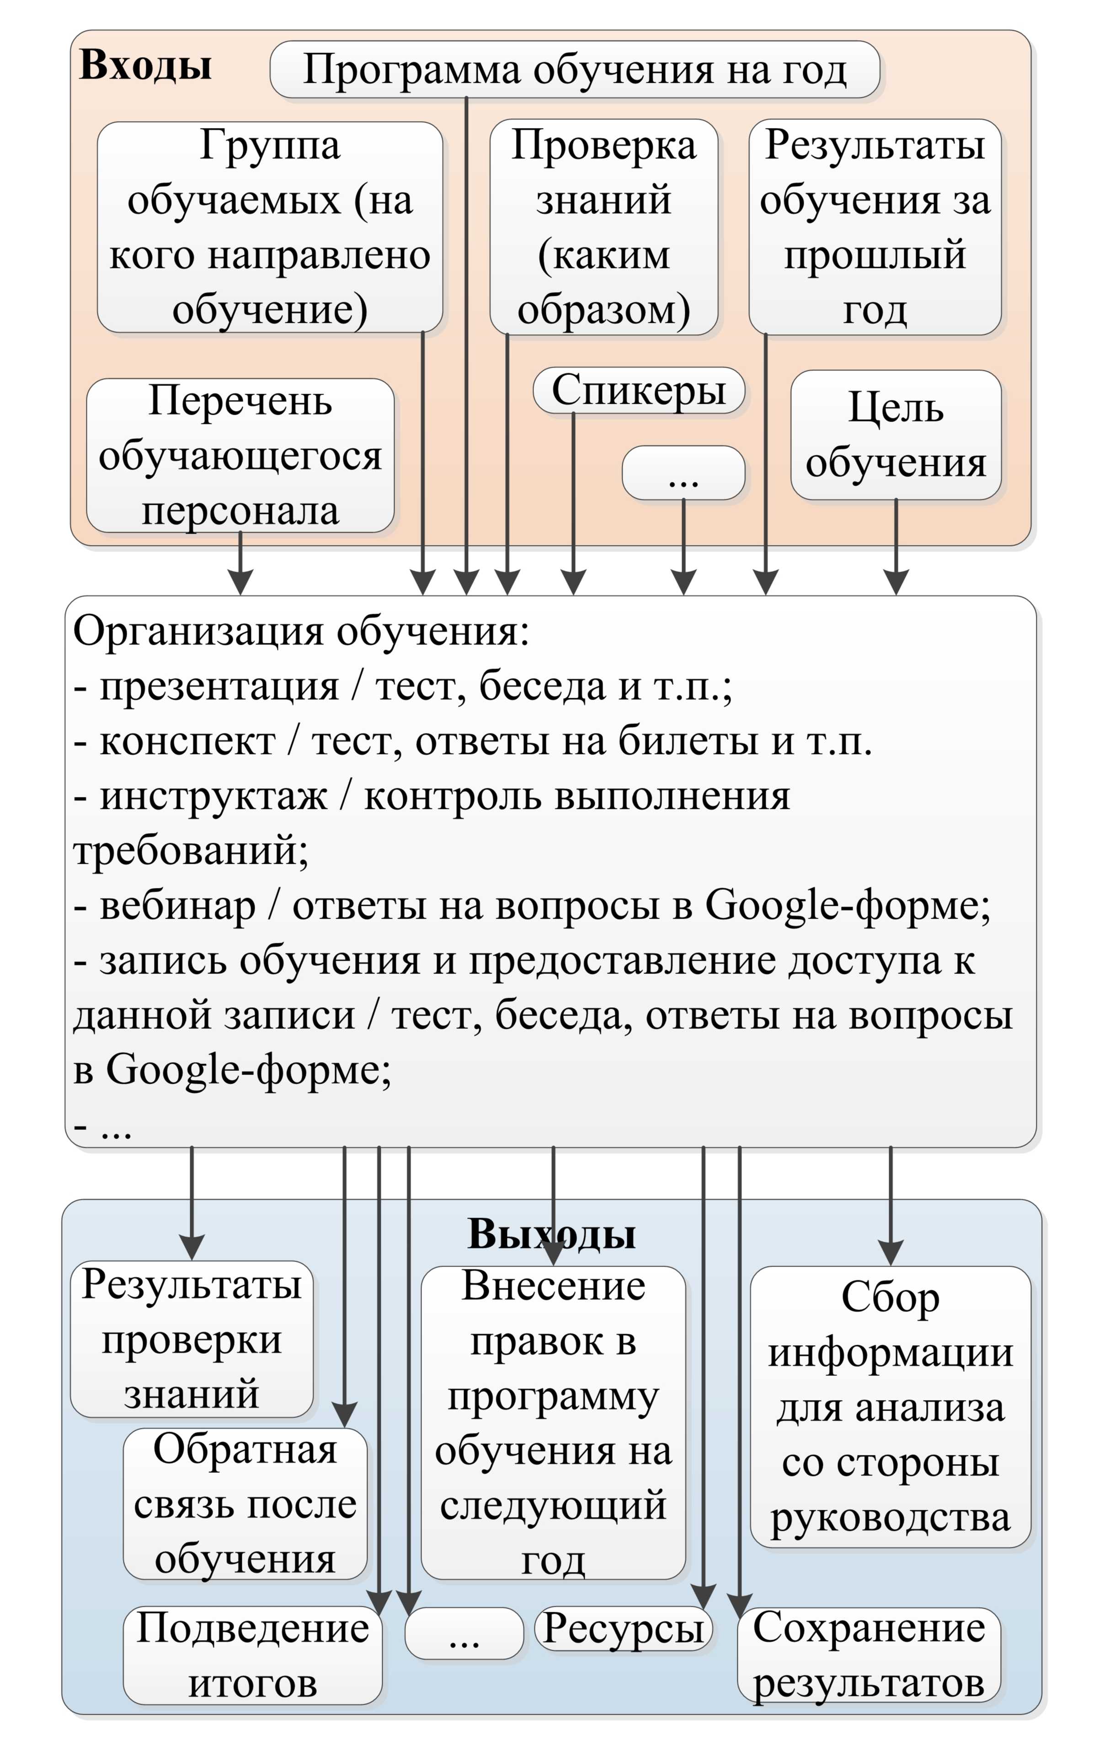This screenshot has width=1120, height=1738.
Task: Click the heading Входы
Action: point(145,65)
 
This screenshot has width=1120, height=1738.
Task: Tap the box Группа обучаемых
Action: point(270,227)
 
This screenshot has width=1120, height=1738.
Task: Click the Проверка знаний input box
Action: point(603,227)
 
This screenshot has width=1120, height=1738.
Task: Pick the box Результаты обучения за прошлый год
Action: point(875,227)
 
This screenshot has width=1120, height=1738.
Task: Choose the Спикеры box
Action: point(639,390)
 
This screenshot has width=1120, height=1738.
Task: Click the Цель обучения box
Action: point(896,435)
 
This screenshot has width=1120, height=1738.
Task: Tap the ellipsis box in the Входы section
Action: point(683,473)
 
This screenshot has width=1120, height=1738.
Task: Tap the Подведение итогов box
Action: point(252,1656)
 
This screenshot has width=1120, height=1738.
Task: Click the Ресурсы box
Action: point(623,1630)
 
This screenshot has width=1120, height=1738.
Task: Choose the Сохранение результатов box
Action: point(869,1656)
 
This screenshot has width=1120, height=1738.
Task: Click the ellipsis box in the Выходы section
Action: point(464,1633)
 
